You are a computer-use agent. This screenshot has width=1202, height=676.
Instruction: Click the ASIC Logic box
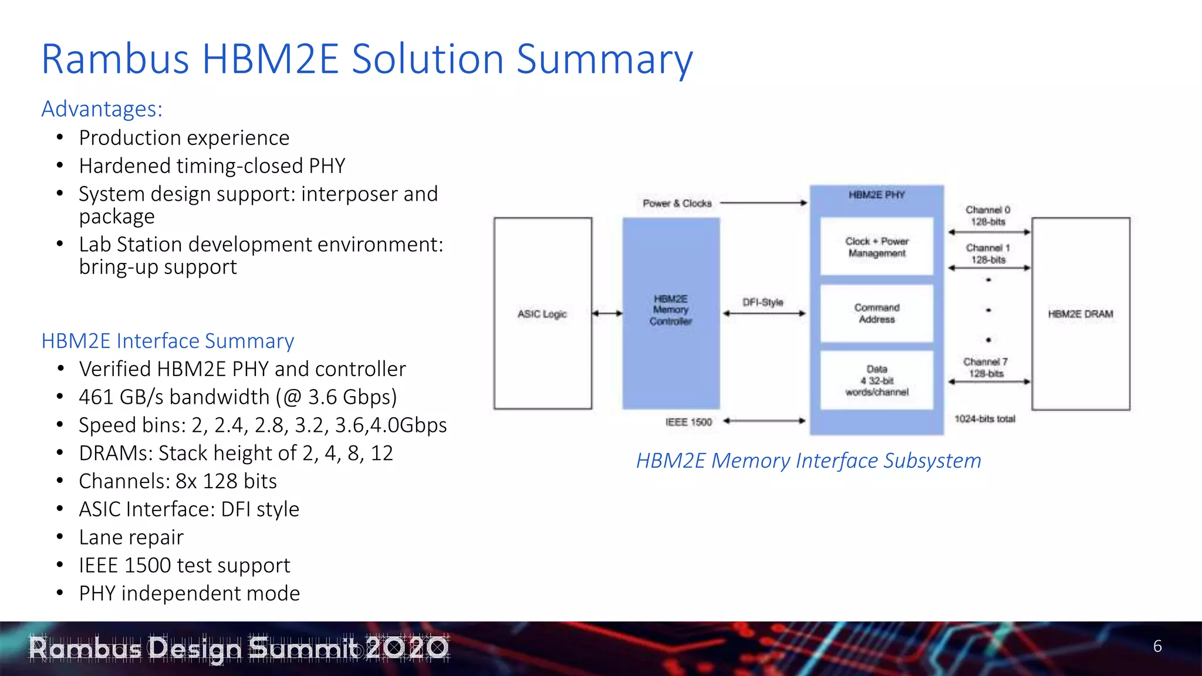tap(542, 313)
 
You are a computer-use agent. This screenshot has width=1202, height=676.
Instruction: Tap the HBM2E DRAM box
tap(1081, 313)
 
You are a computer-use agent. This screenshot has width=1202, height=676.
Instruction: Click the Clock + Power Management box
tap(876, 247)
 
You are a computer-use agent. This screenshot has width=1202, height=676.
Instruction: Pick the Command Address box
tap(876, 313)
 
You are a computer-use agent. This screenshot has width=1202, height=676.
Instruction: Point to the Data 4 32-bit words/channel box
tap(876, 380)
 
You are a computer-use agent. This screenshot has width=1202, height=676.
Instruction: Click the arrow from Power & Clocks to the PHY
tap(764, 203)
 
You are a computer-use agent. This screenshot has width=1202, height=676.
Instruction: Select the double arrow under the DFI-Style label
tap(764, 314)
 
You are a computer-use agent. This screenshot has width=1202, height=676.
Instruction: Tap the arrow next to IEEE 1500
tap(764, 421)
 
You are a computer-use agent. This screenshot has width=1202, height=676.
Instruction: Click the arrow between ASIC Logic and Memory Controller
tap(607, 313)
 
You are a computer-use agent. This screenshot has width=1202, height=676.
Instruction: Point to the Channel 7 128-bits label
tap(986, 367)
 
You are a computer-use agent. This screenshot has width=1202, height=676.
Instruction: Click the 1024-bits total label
tap(984, 419)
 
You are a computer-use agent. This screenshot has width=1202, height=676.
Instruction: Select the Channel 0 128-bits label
tap(988, 215)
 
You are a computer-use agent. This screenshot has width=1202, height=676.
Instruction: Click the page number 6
tap(1157, 646)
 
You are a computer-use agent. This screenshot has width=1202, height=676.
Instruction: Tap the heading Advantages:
tap(102, 109)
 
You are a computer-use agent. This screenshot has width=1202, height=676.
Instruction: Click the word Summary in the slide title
tap(604, 60)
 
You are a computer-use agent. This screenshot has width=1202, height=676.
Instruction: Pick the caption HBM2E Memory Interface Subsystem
tap(808, 461)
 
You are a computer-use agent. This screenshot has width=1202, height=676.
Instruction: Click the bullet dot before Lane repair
tap(60, 536)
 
